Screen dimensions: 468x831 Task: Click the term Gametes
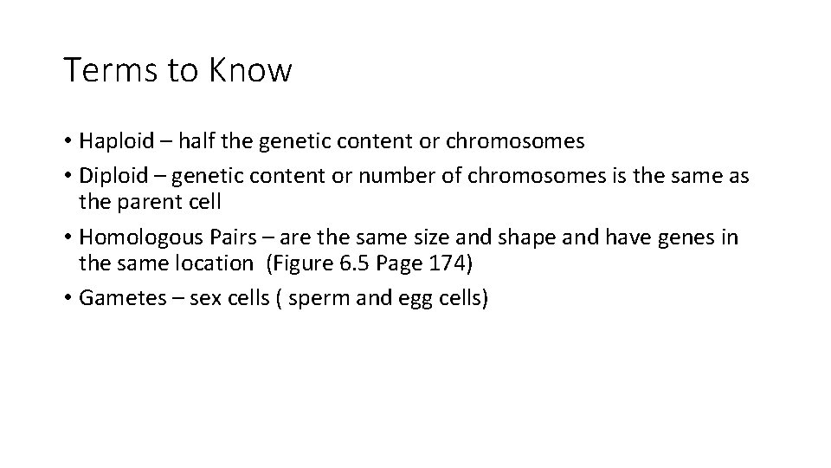[x=113, y=298]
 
